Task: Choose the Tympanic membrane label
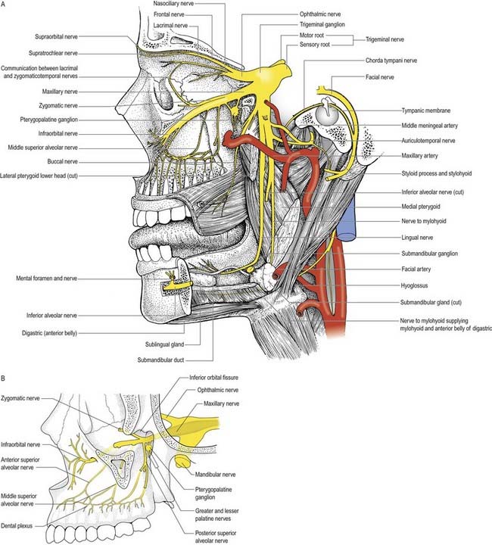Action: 430,110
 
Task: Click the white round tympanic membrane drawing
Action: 326,114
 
